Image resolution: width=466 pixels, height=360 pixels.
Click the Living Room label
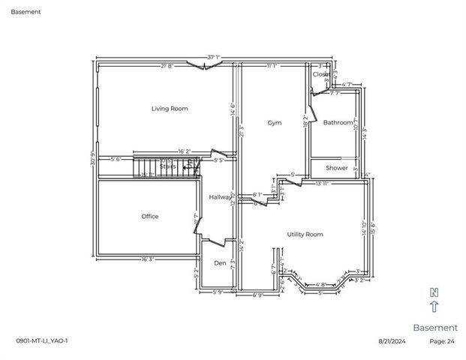170,109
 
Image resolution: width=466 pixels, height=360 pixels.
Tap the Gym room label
275,122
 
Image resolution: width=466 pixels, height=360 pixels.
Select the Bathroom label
338,122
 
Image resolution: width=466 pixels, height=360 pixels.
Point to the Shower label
337,168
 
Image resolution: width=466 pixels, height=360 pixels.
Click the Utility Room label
305,234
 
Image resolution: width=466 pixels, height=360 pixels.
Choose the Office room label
150,217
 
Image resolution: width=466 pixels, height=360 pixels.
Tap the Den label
220,263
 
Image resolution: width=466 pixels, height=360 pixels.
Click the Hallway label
220,197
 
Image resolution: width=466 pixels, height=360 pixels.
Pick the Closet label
321,74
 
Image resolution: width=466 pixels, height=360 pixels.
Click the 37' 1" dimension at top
214,57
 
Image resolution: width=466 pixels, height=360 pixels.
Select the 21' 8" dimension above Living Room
167,66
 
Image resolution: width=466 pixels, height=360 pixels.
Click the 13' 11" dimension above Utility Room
323,183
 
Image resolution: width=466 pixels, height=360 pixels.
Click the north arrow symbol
434,306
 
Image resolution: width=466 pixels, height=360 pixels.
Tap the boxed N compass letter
434,292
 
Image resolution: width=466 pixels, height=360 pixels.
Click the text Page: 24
442,341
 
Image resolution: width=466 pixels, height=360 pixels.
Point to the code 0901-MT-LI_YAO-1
42,341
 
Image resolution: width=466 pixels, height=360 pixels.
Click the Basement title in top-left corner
26,12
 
